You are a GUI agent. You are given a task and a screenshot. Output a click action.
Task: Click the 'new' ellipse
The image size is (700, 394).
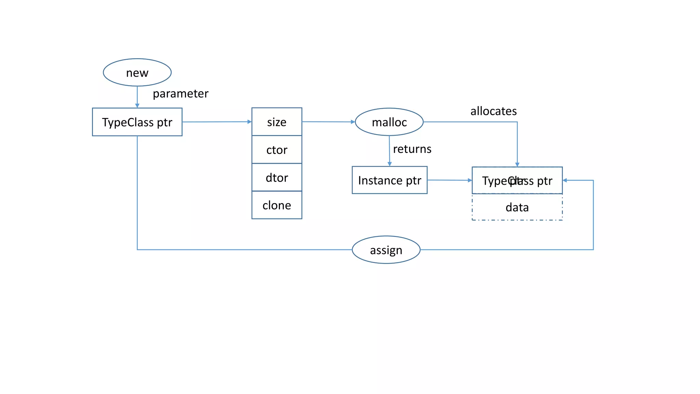tap(137, 73)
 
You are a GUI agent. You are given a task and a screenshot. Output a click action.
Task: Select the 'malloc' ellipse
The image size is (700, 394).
tap(389, 122)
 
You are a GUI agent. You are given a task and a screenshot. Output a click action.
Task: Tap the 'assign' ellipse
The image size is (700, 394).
tap(386, 250)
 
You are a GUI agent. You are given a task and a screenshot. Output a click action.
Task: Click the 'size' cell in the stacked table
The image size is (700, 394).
tap(277, 122)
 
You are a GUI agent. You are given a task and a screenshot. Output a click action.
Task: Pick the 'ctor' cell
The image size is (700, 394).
tap(277, 150)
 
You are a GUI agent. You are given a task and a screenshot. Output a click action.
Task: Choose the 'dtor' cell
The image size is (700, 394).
tap(277, 178)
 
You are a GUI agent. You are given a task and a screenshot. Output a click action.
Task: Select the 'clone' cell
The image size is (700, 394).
tap(277, 205)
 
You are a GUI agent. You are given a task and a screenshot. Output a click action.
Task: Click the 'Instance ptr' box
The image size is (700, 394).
tap(390, 180)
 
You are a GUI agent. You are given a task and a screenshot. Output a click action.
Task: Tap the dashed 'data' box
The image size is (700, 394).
tap(517, 207)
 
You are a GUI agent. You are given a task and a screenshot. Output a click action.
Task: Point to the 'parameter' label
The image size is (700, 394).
tap(180, 94)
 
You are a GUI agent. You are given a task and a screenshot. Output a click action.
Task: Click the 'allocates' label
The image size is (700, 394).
tap(494, 111)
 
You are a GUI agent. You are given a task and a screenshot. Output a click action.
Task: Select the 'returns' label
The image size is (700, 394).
tap(412, 149)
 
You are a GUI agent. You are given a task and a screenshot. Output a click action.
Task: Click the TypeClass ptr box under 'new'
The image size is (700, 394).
tap(137, 122)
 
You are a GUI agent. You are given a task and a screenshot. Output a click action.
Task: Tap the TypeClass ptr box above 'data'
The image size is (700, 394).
tap(517, 181)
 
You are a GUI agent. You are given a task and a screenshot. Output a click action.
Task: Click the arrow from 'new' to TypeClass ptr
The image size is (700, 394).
tap(137, 97)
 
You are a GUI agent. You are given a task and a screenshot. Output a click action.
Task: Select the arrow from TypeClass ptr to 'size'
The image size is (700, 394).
tap(217, 122)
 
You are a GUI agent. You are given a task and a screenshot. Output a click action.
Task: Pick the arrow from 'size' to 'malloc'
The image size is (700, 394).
tap(328, 122)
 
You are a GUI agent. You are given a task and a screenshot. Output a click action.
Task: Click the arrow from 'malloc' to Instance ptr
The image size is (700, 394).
tap(389, 151)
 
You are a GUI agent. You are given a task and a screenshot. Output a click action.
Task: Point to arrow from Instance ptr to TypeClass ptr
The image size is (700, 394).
tap(449, 180)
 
